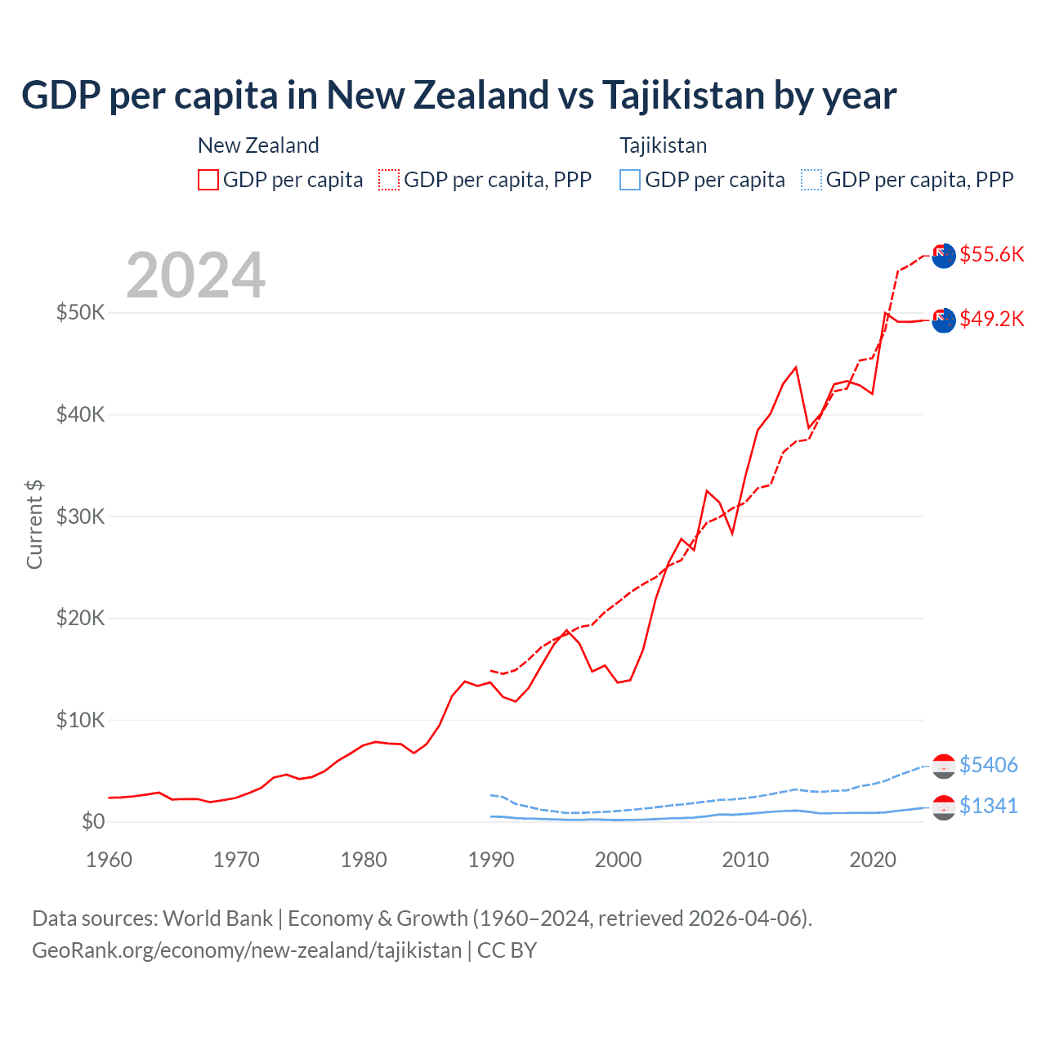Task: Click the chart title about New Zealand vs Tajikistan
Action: pyautogui.click(x=458, y=96)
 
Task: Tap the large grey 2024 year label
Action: pyautogui.click(x=195, y=275)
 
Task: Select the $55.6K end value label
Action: pyautogui.click(x=991, y=254)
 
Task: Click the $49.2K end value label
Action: pyautogui.click(x=991, y=319)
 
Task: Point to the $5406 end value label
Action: pyautogui.click(x=988, y=765)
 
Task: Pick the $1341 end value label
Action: pyautogui.click(x=988, y=806)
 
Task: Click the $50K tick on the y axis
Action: pyautogui.click(x=80, y=312)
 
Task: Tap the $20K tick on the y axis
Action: pyautogui.click(x=80, y=618)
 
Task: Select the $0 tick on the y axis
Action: pyautogui.click(x=93, y=821)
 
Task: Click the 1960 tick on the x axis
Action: pyautogui.click(x=109, y=860)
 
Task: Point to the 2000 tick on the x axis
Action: pyautogui.click(x=619, y=860)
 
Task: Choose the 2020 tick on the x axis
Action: pyautogui.click(x=873, y=860)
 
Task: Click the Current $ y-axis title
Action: pyautogui.click(x=34, y=524)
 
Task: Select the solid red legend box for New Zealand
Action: pyautogui.click(x=208, y=180)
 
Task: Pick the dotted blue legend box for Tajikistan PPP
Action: pyautogui.click(x=811, y=180)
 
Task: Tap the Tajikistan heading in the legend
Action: pyautogui.click(x=663, y=145)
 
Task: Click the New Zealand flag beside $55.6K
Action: pyautogui.click(x=944, y=255)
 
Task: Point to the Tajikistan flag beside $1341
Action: pyautogui.click(x=944, y=807)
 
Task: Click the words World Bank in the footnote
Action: pyautogui.click(x=217, y=919)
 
